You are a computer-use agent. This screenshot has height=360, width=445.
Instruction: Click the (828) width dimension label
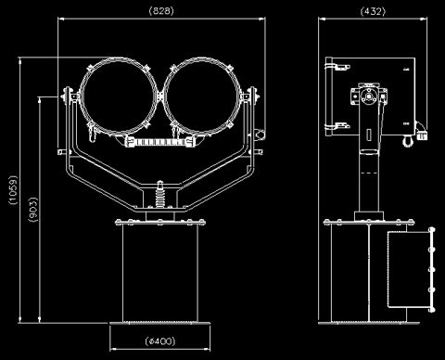pyautogui.click(x=161, y=11)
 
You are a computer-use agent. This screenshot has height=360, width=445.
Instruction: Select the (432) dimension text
pyautogui.click(x=374, y=11)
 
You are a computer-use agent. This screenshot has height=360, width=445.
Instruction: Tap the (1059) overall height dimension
pyautogui.click(x=13, y=189)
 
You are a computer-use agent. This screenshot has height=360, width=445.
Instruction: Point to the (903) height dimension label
pyautogui.click(x=33, y=210)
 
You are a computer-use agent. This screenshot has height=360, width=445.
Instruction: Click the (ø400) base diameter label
pyautogui.click(x=160, y=341)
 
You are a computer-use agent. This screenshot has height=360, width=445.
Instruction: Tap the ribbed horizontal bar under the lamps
pyautogui.click(x=160, y=142)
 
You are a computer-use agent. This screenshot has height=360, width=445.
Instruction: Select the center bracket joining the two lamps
pyautogui.click(x=160, y=96)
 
